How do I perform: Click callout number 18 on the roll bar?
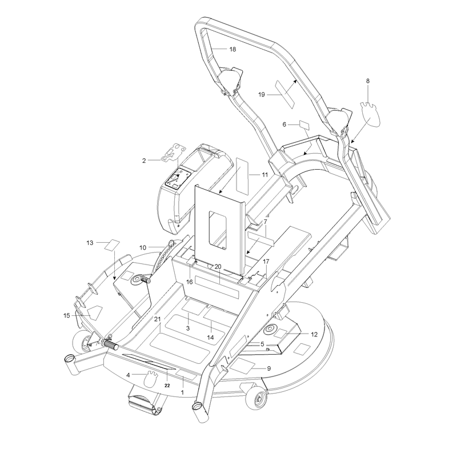pos(232,49)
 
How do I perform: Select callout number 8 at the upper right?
pos(367,81)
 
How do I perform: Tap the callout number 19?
pos(262,94)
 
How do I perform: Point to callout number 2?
pos(144,161)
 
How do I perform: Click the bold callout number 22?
pos(167,386)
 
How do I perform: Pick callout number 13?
pos(90,242)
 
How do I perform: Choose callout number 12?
pos(314,334)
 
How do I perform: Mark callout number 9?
pos(268,368)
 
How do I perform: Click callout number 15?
pos(67,315)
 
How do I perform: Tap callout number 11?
pos(264,175)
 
